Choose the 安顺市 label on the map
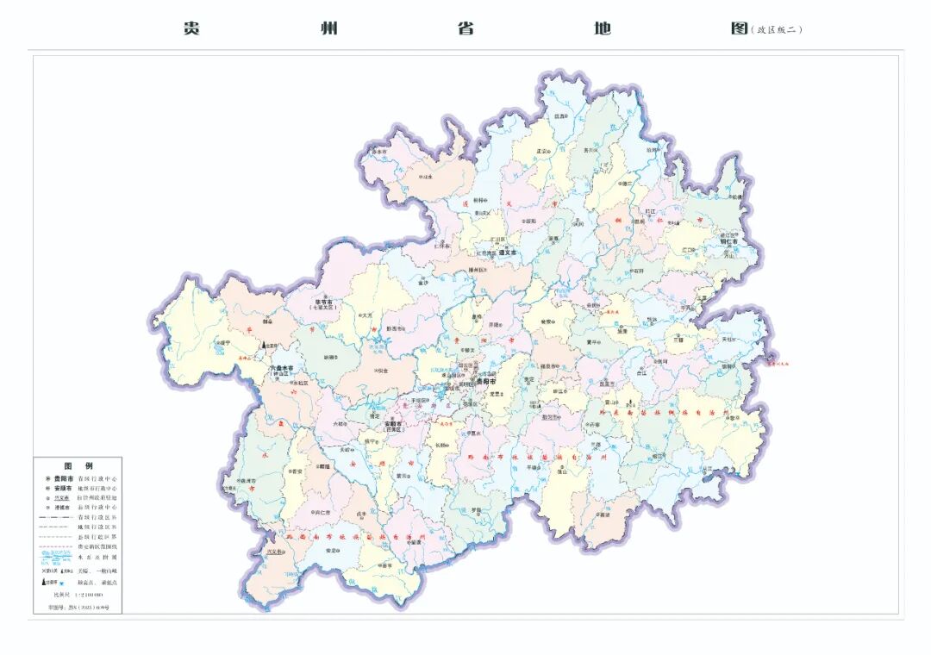tap(393, 423)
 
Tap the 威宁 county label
tap(224, 342)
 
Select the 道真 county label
tap(560, 115)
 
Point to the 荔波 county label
tap(603, 515)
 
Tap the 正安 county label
tap(542, 151)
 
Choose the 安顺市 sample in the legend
tap(64, 488)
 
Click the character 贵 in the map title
tap(191, 28)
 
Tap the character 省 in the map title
tap(465, 28)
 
